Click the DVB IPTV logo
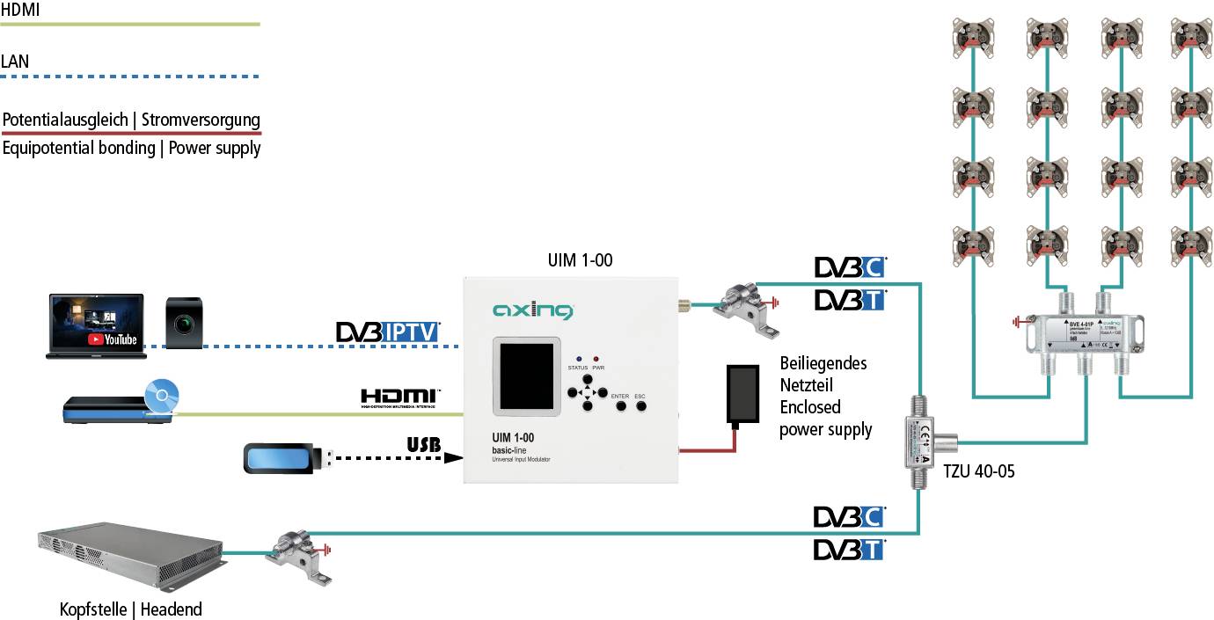pyautogui.click(x=388, y=332)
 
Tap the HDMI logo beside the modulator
pyautogui.click(x=400, y=398)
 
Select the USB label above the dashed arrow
pyautogui.click(x=424, y=444)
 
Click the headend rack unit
pyautogui.click(x=130, y=557)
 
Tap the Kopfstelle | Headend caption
pyautogui.click(x=130, y=609)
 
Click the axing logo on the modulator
pyautogui.click(x=532, y=310)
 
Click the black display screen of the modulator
pyautogui.click(x=526, y=375)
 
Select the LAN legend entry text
pyautogui.click(x=15, y=62)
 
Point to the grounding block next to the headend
pyautogui.click(x=302, y=555)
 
